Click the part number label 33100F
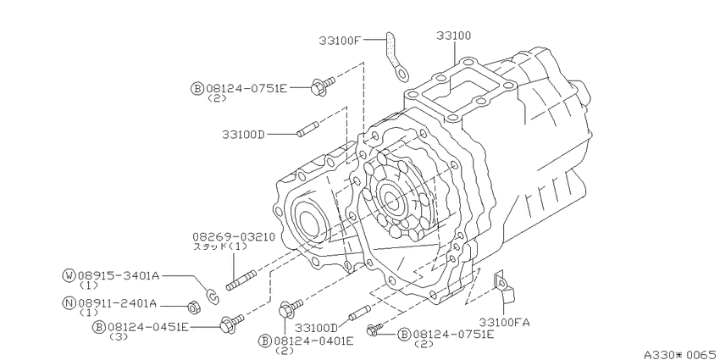point(341,41)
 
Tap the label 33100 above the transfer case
point(454,36)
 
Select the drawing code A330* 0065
point(681,354)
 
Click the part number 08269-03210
point(234,237)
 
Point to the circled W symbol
point(69,275)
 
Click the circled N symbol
point(69,303)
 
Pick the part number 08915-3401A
point(118,275)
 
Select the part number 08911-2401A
point(117,303)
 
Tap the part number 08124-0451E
point(148,327)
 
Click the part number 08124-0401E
point(313,341)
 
